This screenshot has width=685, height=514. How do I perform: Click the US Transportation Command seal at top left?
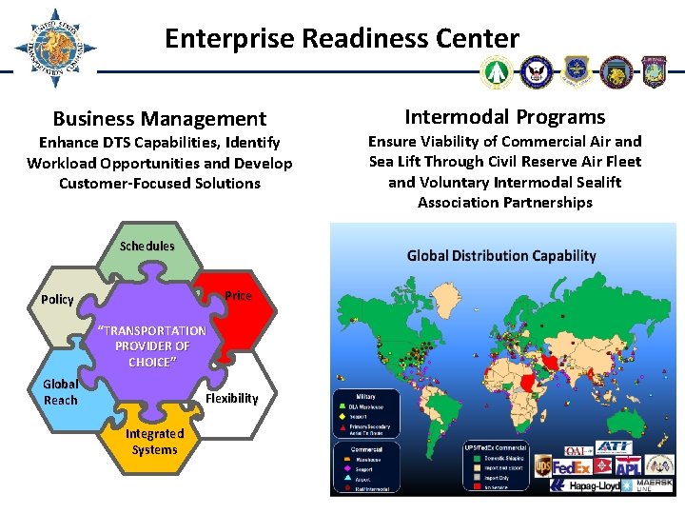(54, 49)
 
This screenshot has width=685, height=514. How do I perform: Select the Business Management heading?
(159, 119)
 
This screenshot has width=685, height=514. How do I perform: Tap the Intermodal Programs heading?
(504, 117)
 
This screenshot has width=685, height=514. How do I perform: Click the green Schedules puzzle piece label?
(147, 247)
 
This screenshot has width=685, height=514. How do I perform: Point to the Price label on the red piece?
(238, 296)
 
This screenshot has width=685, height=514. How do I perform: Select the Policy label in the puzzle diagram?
(57, 300)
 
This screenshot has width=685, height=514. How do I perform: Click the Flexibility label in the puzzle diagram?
(231, 399)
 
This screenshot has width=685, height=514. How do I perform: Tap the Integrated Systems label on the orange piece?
(155, 442)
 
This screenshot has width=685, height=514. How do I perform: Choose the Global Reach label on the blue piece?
(61, 392)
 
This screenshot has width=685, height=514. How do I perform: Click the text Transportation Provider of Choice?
(152, 346)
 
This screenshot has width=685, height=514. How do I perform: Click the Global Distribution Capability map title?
(501, 255)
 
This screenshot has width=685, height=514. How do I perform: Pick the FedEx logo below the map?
(574, 466)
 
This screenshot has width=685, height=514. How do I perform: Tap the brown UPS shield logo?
(542, 466)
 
